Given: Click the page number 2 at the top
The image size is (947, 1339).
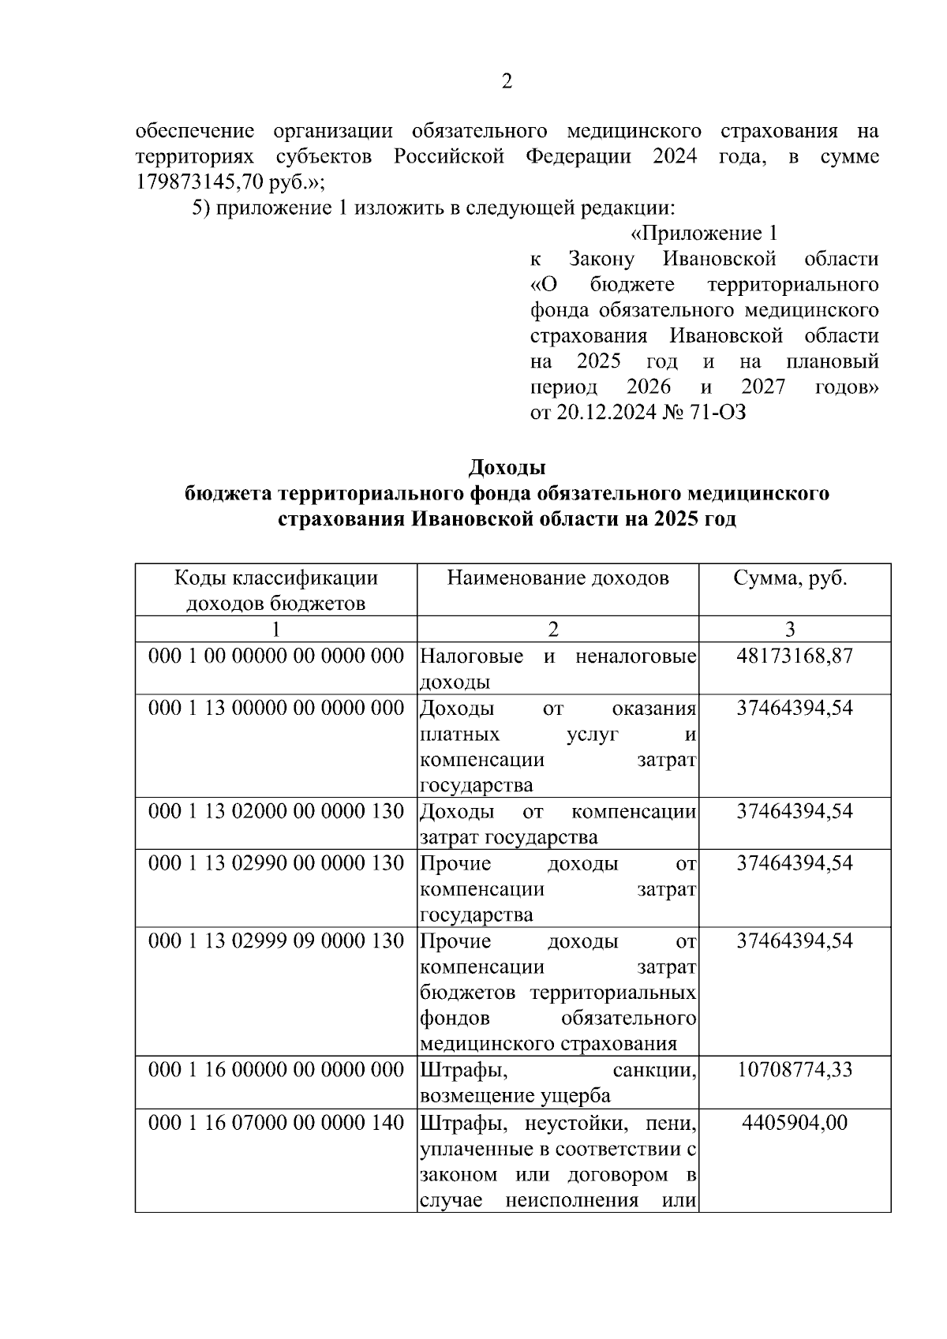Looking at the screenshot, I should pos(507,81).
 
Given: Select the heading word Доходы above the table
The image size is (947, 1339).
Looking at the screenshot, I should pos(507,467).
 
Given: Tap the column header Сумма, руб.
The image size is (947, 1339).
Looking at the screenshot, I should pos(790,578).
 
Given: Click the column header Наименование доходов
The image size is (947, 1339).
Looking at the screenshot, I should pos(557,578).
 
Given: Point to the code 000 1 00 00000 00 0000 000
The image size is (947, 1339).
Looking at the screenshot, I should pos(276,656).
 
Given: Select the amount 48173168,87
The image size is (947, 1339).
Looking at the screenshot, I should pos(794,656).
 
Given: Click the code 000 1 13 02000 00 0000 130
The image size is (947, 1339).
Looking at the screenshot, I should pos(276,811).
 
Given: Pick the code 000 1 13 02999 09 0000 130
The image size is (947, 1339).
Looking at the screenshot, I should pos(276,941).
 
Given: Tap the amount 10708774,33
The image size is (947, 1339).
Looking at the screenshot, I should pos(794,1070).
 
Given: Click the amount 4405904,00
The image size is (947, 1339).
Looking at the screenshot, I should pos(794,1122).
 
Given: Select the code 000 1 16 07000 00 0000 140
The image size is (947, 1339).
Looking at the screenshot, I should pos(276,1122).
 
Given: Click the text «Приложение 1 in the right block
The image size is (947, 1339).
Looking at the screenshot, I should pos(704,234).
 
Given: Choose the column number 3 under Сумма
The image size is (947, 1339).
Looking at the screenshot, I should pos(790,629).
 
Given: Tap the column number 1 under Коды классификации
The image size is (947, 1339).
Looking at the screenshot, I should pos(275,629).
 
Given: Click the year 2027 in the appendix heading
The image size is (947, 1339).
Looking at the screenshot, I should pos(762,387).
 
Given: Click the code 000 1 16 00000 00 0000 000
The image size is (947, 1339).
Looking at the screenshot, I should pos(276,1070).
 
